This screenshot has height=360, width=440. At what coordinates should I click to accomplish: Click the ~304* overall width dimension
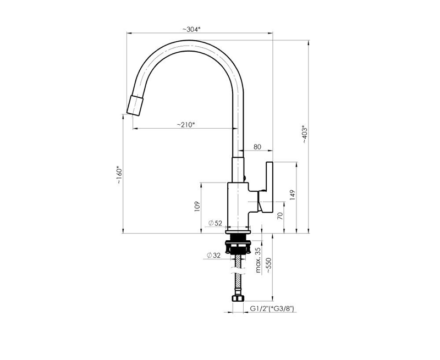tap(191, 29)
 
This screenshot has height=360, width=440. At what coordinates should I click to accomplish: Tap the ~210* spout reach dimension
tap(185, 125)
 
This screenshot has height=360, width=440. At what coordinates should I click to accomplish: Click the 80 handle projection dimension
tap(257, 147)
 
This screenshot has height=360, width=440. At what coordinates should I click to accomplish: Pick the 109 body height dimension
tap(197, 206)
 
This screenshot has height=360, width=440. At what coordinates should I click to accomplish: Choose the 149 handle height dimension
tap(292, 195)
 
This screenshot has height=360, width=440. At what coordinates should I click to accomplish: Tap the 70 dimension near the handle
tap(280, 215)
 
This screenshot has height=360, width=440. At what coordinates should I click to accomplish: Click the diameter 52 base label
tap(215, 223)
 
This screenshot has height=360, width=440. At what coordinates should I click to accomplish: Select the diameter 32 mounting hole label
tap(213, 255)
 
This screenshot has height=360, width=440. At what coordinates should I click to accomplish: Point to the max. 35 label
tap(258, 260)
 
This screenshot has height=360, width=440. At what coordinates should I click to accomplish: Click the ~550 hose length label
tap(268, 265)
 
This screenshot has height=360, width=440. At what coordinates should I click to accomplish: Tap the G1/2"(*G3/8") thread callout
tap(272, 309)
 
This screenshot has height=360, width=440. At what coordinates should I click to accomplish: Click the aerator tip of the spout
tap(135, 105)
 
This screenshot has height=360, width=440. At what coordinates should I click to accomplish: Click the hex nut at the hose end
tap(238, 298)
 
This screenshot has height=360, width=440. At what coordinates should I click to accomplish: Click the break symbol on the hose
tap(238, 270)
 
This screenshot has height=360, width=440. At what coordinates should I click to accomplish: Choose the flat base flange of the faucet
tap(238, 232)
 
